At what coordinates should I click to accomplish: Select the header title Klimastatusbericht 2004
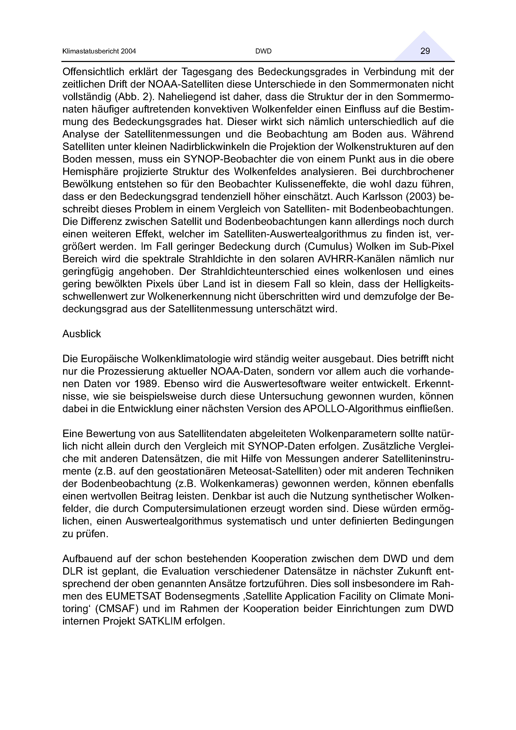click(99, 51)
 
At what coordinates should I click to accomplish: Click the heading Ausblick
click(82, 334)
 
